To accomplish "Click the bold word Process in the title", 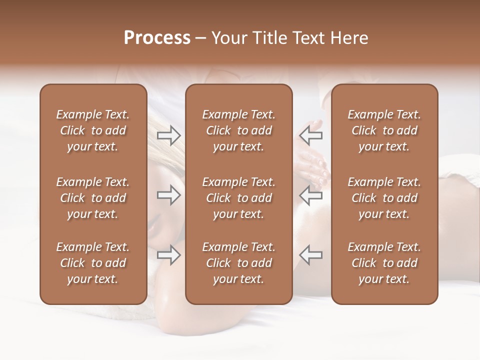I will (157, 38).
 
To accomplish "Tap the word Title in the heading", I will (269, 38).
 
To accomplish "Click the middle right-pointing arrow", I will (169, 195).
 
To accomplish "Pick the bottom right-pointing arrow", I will (169, 254).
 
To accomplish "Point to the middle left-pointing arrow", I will (311, 195).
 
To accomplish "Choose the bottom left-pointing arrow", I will (311, 254).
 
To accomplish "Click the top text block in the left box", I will (93, 130).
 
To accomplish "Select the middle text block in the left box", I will (93, 198).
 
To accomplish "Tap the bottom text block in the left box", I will (93, 263).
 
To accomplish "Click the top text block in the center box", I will (238, 130).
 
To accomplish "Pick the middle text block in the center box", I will (238, 198).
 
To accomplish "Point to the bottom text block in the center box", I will (238, 263).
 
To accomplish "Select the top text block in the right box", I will (384, 130).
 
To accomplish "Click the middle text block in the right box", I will (384, 198).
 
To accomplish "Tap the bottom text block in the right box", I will (384, 263).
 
